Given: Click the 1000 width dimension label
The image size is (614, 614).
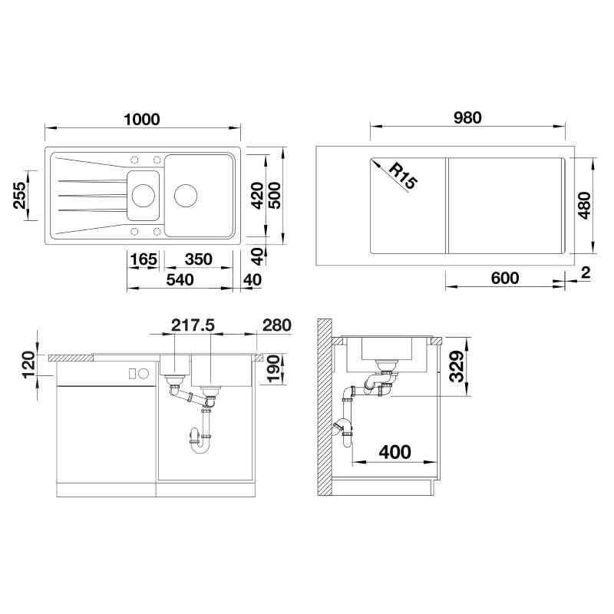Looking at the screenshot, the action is click(x=142, y=119).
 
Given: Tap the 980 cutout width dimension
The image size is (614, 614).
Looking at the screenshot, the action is click(x=467, y=117).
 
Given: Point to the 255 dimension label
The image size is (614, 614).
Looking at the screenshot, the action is click(x=20, y=195).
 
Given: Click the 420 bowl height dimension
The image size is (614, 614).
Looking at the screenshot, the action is click(x=257, y=196).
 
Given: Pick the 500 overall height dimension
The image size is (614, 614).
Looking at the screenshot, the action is click(x=274, y=196).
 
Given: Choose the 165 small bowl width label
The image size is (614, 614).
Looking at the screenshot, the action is click(x=144, y=259).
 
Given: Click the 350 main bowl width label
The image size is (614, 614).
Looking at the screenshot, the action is click(x=199, y=259).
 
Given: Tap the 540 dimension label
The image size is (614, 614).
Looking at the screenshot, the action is click(x=180, y=279).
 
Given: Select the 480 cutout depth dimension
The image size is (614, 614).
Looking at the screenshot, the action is click(x=584, y=205).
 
